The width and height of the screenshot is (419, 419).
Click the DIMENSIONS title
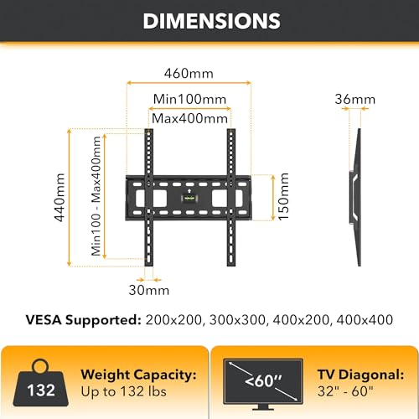coord(211,21)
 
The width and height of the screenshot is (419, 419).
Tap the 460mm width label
coord(189,74)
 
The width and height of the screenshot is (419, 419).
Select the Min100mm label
coord(189,99)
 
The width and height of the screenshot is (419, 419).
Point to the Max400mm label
coord(189,119)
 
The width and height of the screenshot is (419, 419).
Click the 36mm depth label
coord(355,99)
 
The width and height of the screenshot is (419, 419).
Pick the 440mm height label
coord(59,198)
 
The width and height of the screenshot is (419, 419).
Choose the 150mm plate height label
coord(283,197)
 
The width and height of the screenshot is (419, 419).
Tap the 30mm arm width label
coord(149,290)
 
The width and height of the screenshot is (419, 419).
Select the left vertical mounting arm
coord(148,197)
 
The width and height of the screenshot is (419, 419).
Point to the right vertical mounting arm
coord(231,197)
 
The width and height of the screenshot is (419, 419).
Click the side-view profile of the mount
coord(355,197)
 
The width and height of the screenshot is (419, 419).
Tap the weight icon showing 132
coord(41,384)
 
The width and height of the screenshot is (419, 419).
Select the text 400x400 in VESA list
coord(365,320)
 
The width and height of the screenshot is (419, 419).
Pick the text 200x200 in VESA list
coord(173,320)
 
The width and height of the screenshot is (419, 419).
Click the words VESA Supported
coord(83,320)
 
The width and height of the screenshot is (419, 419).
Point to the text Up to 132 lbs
coord(124,391)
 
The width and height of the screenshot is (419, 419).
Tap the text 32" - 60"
coord(345,391)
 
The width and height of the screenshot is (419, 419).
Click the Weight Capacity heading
coord(139,375)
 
